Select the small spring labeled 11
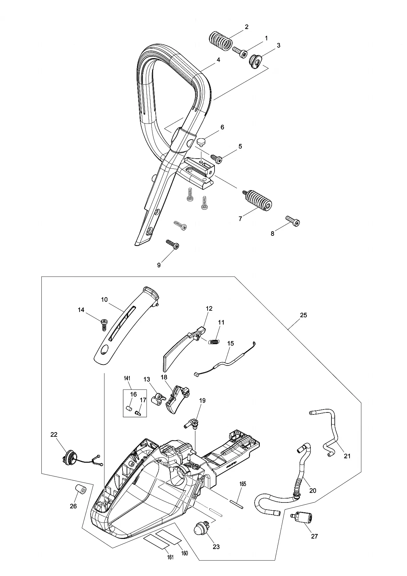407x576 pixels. click(214, 342)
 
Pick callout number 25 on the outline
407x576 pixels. click(303, 315)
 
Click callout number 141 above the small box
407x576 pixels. click(127, 378)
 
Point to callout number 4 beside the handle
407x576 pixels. click(218, 60)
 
